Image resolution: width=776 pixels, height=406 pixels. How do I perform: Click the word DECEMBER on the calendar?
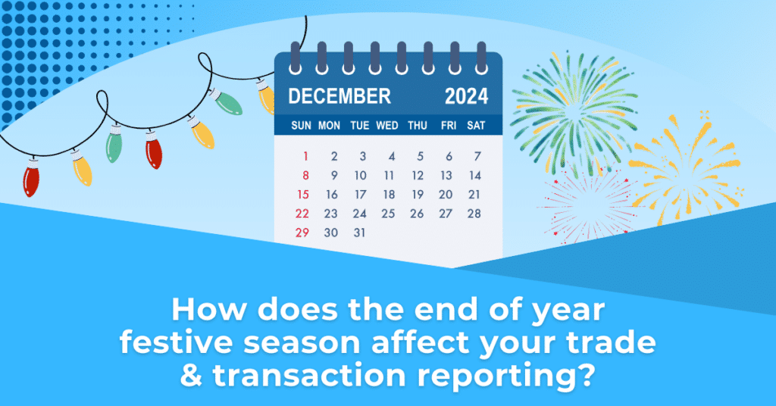click(339, 96)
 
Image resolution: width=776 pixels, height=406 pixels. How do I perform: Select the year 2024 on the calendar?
click(466, 96)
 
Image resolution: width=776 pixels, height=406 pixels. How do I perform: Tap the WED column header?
click(387, 126)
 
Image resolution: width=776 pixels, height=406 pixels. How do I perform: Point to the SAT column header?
click(476, 126)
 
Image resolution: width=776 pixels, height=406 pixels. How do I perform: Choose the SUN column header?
click(302, 126)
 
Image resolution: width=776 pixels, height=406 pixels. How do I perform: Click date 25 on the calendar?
click(388, 214)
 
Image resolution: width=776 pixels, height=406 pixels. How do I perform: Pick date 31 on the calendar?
click(359, 233)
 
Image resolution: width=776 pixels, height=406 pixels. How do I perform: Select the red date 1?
click(306, 156)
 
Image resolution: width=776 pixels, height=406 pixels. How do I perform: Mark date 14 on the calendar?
click(475, 176)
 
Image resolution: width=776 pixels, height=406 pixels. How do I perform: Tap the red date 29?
click(302, 233)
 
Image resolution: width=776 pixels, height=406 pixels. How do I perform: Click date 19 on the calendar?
click(418, 195)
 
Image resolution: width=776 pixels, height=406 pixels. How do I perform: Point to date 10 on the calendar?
click(360, 176)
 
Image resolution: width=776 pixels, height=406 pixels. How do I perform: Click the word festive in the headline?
click(177, 342)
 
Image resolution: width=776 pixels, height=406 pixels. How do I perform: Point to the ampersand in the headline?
click(191, 376)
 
